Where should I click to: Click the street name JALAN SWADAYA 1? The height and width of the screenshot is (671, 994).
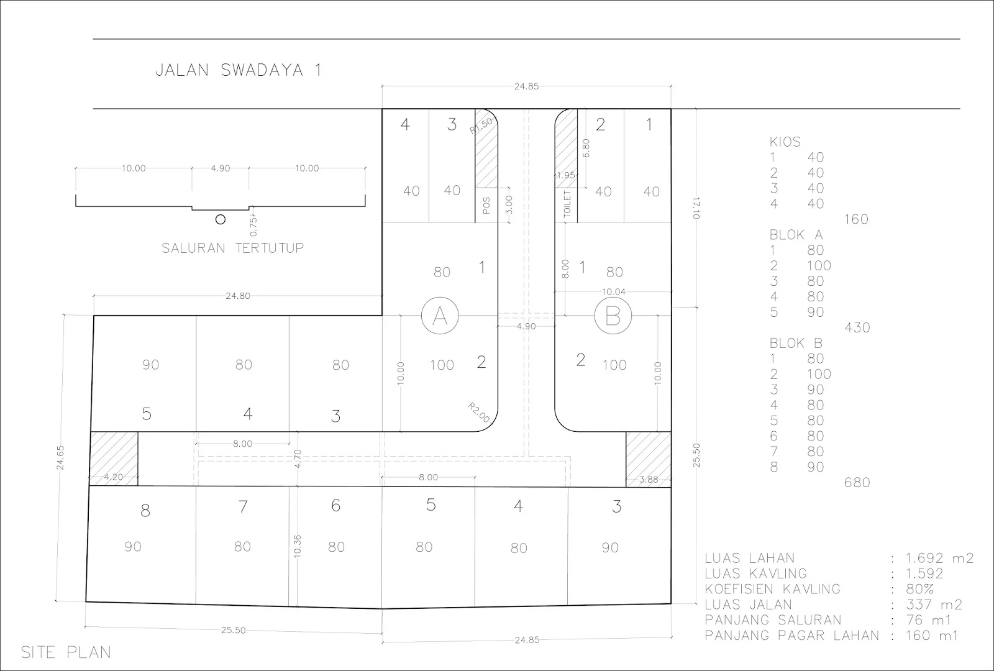(239, 70)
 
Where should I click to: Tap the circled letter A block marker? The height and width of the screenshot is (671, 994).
(440, 316)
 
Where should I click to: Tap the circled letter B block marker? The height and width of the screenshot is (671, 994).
(613, 316)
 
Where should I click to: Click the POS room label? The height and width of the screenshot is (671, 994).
(486, 206)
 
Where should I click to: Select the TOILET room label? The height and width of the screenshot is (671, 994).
(567, 204)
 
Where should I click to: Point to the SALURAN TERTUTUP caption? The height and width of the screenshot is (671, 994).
(232, 248)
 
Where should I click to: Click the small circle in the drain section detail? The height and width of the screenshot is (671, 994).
(220, 219)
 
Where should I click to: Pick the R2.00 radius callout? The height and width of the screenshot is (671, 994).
(479, 413)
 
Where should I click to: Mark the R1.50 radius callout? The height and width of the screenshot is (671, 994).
(481, 125)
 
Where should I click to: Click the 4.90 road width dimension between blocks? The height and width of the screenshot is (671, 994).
(526, 326)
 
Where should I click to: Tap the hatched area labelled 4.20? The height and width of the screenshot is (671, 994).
(114, 459)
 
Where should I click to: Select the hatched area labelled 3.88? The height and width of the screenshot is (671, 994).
(649, 459)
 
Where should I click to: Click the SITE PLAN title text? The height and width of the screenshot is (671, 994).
(66, 652)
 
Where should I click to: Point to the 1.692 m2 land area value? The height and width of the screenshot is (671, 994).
(939, 558)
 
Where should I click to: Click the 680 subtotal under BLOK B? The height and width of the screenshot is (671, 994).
(857, 482)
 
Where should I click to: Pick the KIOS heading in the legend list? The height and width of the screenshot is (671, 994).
(785, 142)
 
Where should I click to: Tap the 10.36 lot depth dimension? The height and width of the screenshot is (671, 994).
(298, 546)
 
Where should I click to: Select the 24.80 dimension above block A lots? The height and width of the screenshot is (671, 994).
(238, 296)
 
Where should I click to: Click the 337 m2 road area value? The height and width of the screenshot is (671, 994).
(934, 605)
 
